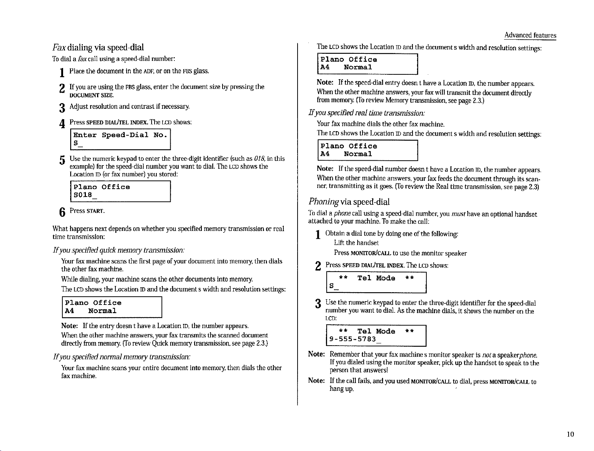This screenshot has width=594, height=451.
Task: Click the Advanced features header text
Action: point(530,35)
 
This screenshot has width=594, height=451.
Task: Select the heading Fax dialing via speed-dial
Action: point(98,47)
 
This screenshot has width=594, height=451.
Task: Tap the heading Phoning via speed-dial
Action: point(349,202)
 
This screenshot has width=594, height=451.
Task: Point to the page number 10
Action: point(570,434)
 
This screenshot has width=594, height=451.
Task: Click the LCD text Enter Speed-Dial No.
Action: point(120,135)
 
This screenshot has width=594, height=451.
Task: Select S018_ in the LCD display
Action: point(85,195)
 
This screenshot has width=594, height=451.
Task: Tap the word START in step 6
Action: point(95,211)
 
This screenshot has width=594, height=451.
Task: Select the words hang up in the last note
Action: point(341,389)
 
